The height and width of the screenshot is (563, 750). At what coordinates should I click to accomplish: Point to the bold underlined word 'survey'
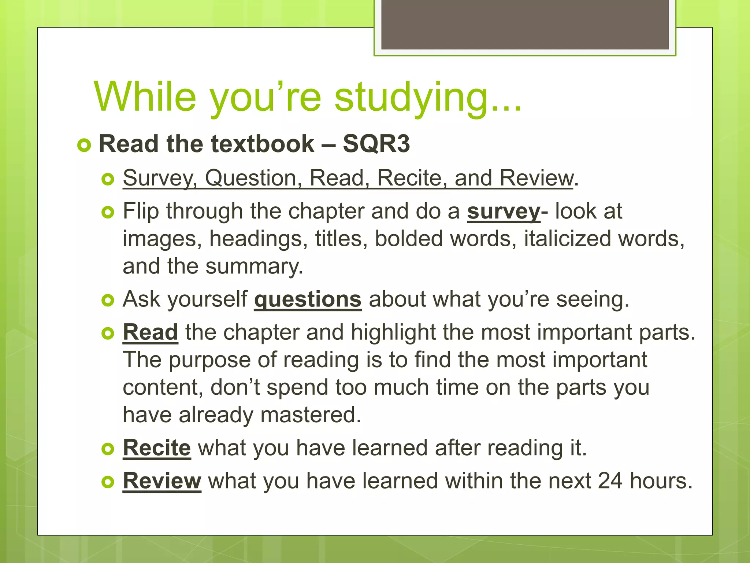pyautogui.click(x=504, y=211)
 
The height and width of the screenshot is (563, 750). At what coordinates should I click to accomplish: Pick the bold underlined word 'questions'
pyautogui.click(x=308, y=299)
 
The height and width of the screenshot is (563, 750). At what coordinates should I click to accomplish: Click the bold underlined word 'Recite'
pyautogui.click(x=157, y=448)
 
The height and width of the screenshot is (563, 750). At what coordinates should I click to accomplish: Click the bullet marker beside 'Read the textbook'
pyautogui.click(x=84, y=145)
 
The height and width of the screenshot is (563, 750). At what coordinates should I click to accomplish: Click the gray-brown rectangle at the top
pyautogui.click(x=525, y=24)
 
